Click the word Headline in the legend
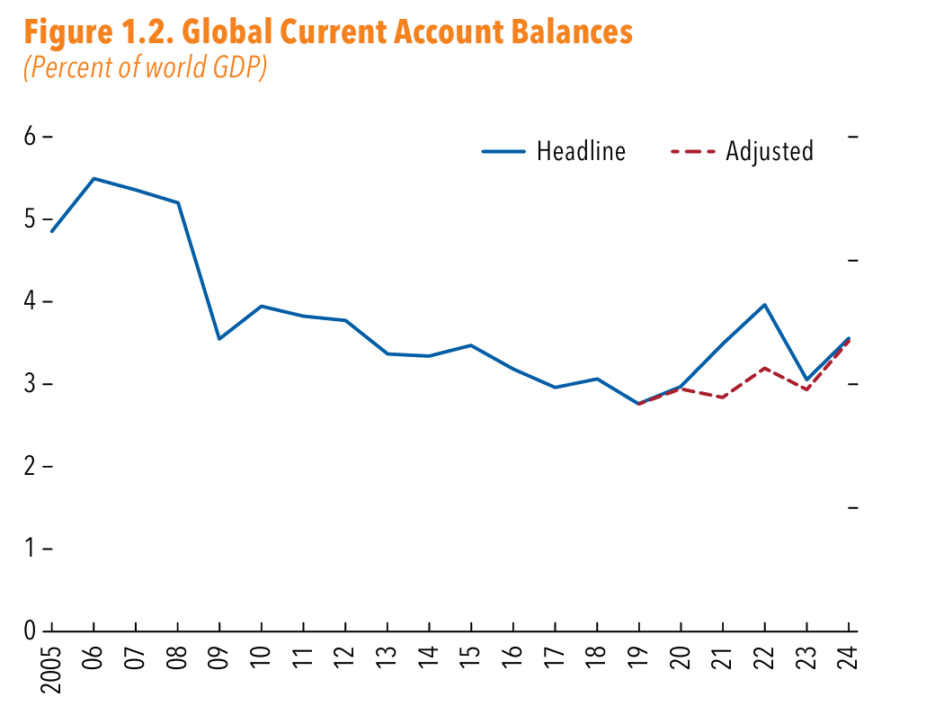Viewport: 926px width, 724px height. point(581,151)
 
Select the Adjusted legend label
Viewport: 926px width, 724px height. point(770,151)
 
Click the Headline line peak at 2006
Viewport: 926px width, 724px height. point(93,178)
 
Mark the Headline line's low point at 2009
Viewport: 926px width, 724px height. point(219,339)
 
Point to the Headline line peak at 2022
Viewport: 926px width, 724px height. point(764,304)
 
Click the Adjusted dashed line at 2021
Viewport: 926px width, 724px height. point(722,398)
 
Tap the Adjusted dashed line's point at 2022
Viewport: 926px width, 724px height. point(764,368)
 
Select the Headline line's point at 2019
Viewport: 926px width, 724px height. point(638,404)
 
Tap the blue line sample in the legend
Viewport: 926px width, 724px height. point(503,151)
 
